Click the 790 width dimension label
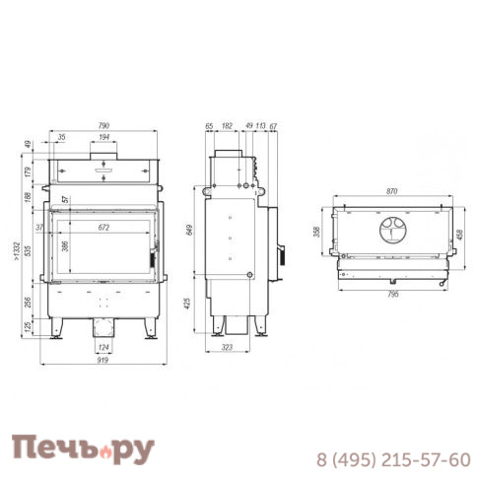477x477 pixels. [103, 125]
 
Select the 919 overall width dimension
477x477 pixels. [102, 360]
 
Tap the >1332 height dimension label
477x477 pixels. [17, 252]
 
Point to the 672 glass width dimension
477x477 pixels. [103, 228]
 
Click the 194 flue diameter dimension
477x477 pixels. [103, 137]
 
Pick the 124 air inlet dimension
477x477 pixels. [103, 347]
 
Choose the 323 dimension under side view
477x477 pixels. [227, 347]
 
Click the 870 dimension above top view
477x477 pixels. [392, 191]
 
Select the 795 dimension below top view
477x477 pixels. [393, 295]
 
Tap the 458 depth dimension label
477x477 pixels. [460, 235]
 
